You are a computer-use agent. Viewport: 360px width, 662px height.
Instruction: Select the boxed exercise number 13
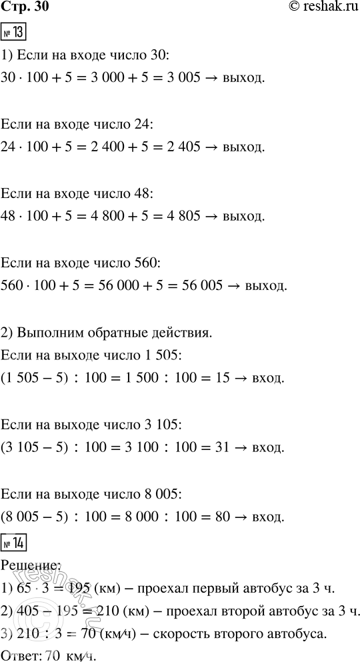pyautogui.click(x=14, y=33)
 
